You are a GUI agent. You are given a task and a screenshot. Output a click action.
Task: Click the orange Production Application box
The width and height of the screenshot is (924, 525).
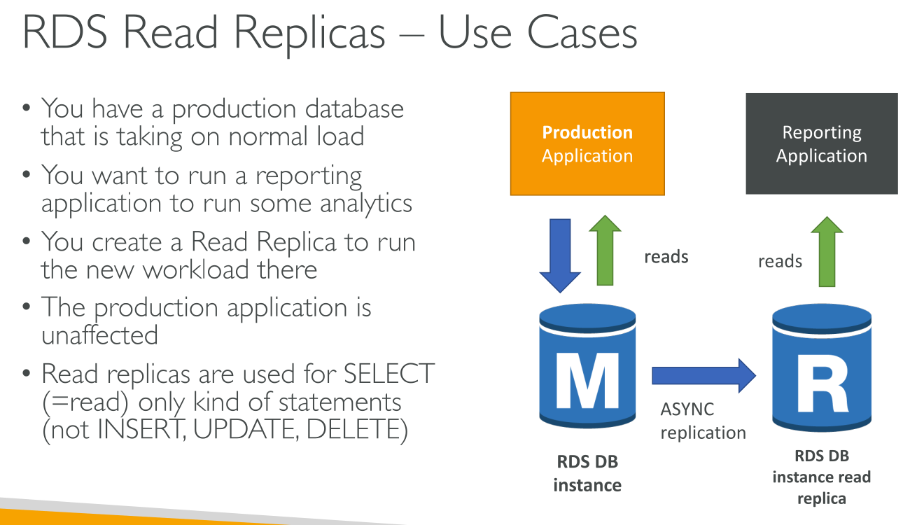[587, 143]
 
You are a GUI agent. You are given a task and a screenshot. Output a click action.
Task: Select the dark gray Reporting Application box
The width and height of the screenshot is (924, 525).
[821, 143]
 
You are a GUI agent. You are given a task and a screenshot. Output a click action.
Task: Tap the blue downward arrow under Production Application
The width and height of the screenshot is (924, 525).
[560, 253]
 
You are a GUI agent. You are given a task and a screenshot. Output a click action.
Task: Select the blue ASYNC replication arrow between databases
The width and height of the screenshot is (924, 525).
[703, 375]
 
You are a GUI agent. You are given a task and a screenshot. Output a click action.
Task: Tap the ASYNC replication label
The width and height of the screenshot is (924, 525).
[702, 421]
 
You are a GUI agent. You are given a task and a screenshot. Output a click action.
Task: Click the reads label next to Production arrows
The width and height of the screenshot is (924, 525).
[666, 257]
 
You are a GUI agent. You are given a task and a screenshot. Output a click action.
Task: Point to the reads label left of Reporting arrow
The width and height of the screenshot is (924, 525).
[780, 261]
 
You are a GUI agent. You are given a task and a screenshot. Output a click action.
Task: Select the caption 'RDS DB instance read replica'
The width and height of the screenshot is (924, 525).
[821, 477]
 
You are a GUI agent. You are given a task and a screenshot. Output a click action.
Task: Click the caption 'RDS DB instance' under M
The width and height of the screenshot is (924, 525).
[587, 473]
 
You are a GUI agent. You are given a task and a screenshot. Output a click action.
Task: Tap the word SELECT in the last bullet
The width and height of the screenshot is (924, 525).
[389, 374]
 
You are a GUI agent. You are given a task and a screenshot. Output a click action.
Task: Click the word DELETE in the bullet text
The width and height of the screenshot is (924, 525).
[357, 430]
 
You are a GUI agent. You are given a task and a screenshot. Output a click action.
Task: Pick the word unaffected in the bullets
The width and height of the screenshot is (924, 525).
[99, 335]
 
